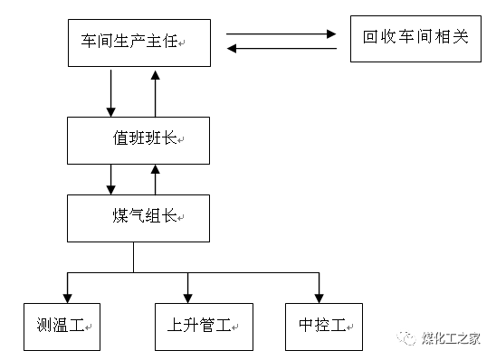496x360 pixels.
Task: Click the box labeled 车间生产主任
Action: [136, 43]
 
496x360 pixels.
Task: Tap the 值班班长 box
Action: [136, 140]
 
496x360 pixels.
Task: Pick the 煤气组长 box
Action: [136, 217]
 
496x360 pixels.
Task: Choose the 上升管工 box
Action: [198, 325]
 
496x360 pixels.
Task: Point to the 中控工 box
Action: [323, 325]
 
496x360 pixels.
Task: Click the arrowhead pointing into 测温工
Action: [68, 296]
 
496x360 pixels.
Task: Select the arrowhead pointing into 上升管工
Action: [187, 296]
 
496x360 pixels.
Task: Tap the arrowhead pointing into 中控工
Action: [317, 296]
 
